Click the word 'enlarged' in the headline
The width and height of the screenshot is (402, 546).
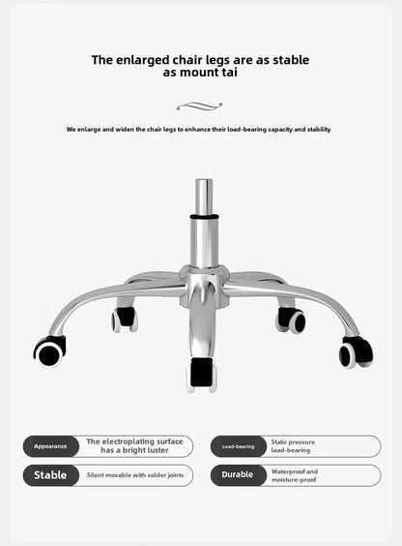tap(142, 60)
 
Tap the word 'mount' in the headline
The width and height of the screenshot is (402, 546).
tap(200, 73)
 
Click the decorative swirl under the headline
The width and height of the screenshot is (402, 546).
tap(199, 106)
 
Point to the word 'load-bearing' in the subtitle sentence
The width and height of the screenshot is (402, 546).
tap(246, 129)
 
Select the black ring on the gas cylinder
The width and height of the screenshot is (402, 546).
tap(204, 217)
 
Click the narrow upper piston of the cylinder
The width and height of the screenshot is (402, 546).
tap(204, 197)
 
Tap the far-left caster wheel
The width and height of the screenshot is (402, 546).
tap(49, 351)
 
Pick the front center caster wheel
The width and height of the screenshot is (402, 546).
tap(202, 375)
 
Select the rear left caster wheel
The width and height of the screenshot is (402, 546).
tap(125, 318)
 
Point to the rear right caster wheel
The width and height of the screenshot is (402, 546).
tap(291, 320)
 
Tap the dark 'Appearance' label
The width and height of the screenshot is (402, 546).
tap(50, 446)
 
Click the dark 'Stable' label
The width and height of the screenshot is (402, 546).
tap(50, 475)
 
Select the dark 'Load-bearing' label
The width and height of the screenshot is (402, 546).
tap(239, 446)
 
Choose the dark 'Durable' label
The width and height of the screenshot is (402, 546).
tap(239, 474)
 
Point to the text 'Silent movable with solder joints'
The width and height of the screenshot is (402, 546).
tap(135, 475)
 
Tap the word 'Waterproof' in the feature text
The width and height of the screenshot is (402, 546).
tap(288, 471)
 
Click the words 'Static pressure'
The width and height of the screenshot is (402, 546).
tap(293, 441)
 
